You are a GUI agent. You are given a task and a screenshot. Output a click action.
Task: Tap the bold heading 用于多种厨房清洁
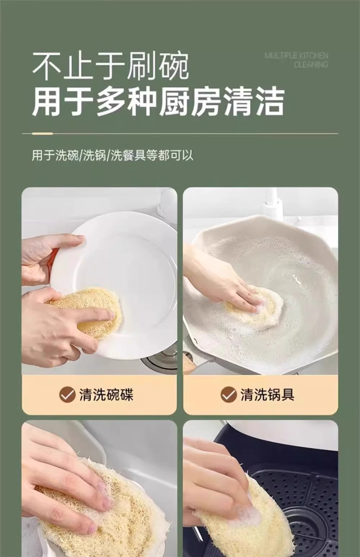click(158, 102)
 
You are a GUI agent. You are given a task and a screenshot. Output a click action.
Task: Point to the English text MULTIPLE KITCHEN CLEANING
click(296, 60)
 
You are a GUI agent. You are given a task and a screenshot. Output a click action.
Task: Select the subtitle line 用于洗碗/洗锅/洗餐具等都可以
click(112, 155)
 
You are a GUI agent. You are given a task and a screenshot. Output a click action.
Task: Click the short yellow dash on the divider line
click(42, 133)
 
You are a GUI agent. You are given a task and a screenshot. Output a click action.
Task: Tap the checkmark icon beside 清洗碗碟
click(67, 394)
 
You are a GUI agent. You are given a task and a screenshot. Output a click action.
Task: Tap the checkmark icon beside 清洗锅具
click(228, 394)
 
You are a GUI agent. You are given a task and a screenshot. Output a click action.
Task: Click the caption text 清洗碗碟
click(106, 394)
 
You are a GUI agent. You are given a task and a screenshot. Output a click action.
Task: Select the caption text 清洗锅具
click(267, 394)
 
